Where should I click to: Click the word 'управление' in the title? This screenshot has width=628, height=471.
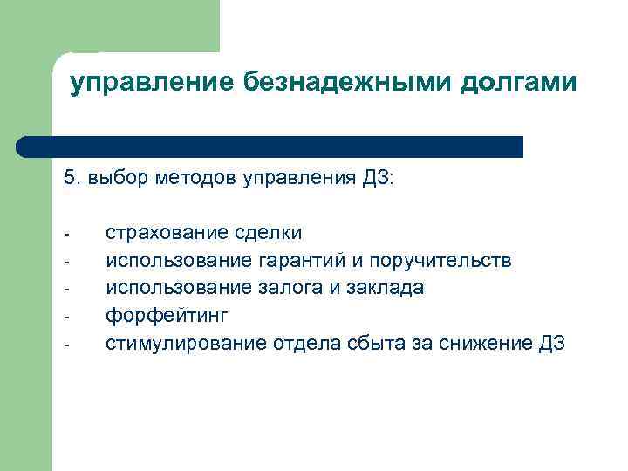(x=150, y=83)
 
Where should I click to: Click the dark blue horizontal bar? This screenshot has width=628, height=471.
(x=270, y=147)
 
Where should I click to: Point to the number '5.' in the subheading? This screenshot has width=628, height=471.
(x=71, y=180)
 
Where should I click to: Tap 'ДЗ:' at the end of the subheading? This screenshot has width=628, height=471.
(x=379, y=180)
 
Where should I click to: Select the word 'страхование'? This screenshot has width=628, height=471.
(x=167, y=233)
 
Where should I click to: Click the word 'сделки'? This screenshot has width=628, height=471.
(x=268, y=233)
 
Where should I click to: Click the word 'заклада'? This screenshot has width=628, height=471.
(x=390, y=288)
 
